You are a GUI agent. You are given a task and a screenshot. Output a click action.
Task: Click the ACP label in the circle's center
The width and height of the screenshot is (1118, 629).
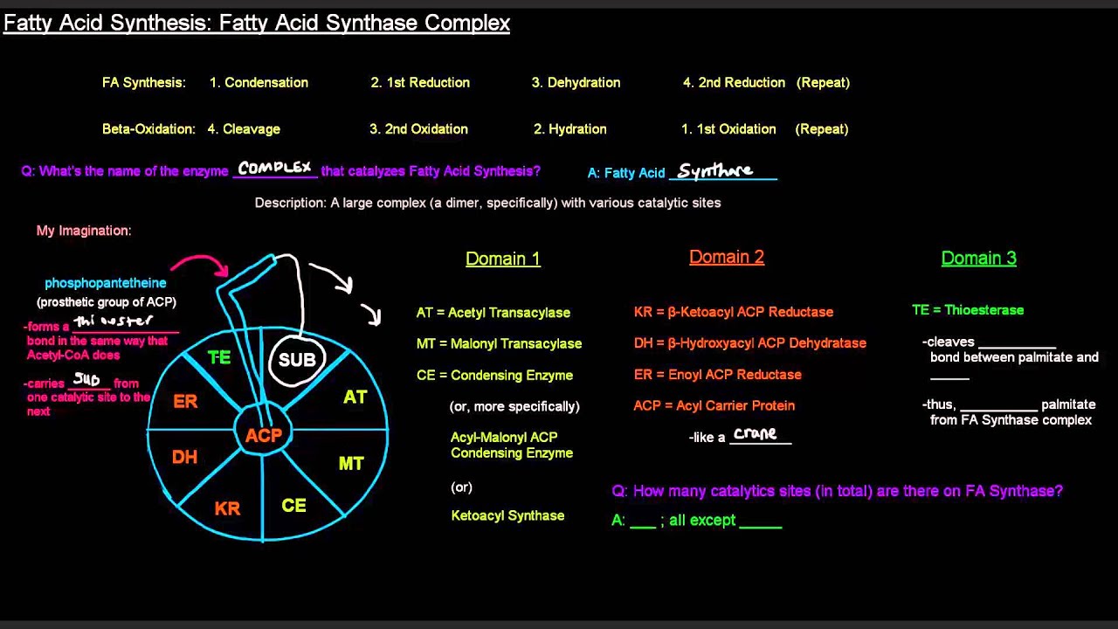[x=264, y=435]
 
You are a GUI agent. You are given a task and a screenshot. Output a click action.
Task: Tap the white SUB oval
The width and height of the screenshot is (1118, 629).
[x=297, y=360]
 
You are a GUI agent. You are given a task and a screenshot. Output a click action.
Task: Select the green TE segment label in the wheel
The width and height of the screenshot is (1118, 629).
[x=219, y=357]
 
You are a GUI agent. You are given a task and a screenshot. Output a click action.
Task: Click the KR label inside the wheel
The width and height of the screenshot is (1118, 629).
[x=227, y=508]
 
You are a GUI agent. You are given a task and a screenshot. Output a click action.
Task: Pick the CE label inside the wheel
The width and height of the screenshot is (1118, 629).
[x=294, y=506]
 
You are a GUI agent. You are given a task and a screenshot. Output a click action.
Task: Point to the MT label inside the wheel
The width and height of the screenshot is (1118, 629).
[x=351, y=463]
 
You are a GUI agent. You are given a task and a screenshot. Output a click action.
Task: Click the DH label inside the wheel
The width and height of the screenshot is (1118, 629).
[x=184, y=457]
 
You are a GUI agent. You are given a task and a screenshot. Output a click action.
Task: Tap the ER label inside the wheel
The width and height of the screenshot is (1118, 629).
[x=185, y=401]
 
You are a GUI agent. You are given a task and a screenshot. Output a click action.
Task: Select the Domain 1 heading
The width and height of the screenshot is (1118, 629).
[x=503, y=259]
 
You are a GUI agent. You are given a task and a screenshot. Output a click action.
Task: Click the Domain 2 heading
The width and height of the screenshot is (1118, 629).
[x=727, y=257]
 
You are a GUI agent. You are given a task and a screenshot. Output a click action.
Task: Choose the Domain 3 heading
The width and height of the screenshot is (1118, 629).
[x=978, y=258]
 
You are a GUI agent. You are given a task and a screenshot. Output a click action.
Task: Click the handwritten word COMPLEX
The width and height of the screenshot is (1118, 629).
[x=274, y=168]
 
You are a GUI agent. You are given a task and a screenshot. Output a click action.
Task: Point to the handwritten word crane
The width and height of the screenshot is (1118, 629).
[x=756, y=433]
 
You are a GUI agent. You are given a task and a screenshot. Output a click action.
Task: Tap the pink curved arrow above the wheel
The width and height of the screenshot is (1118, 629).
[x=201, y=261]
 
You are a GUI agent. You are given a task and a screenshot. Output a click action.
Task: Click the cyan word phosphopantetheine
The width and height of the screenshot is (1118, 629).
[x=106, y=283]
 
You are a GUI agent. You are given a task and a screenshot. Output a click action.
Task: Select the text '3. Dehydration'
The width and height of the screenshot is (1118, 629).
[x=576, y=82]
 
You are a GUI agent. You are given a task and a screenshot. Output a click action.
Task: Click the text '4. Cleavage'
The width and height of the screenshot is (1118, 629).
[x=244, y=128]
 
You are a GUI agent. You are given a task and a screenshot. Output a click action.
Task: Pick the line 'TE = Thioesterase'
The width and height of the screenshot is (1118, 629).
[x=968, y=310]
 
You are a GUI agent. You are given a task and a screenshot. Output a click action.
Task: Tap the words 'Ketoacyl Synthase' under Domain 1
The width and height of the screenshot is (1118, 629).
[x=507, y=515]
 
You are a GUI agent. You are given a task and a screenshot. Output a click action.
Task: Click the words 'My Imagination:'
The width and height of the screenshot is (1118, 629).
[x=84, y=231]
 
